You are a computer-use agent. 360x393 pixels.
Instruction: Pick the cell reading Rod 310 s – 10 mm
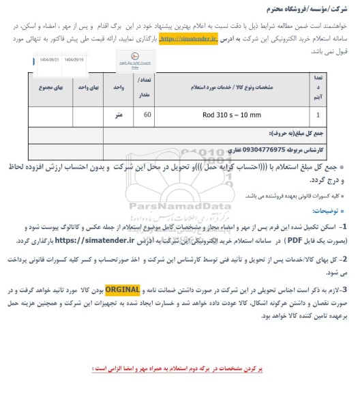click(x=231, y=115)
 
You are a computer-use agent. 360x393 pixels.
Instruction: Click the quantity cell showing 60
click(x=146, y=115)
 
